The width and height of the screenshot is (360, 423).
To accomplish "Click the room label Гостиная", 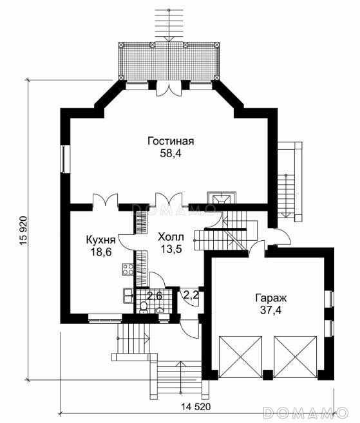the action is tap(171, 141).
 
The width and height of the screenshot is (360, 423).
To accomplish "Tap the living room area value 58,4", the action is tap(171, 153).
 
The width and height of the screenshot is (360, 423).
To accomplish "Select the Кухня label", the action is tap(100, 240).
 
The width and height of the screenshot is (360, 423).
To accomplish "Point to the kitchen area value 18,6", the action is tap(101, 252).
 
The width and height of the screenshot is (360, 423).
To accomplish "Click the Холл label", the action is tap(171, 237).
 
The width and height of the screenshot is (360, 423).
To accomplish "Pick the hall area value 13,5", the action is tap(171, 249).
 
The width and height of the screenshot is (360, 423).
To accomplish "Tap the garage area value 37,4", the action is tap(271, 310).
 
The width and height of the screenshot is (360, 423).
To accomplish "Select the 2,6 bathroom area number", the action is tap(154, 296).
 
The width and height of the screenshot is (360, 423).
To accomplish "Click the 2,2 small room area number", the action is tap(191, 295).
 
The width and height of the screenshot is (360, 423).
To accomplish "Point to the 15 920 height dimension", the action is tap(23, 231).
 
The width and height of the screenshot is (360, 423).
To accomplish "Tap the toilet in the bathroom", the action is tap(144, 307).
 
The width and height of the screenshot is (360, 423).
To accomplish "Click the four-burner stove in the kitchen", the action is tap(128, 269).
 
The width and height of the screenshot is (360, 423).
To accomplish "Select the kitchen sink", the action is tap(128, 296).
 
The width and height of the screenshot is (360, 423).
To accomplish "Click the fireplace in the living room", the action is tap(222, 198).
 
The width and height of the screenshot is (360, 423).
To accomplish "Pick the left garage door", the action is tap(240, 357).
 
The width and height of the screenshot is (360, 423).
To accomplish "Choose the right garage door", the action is tap(295, 357).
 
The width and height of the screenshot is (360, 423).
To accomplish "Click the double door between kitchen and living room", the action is tap(105, 200).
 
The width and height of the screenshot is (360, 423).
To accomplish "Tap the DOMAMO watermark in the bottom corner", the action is tap(305, 413).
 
